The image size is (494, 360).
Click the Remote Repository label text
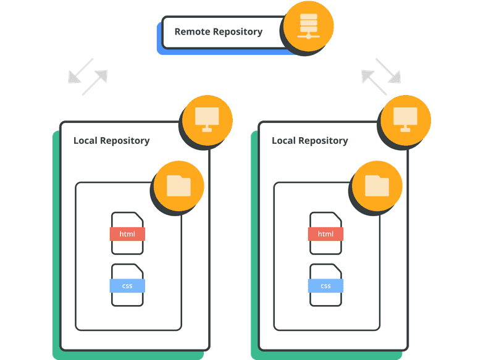click(x=218, y=31)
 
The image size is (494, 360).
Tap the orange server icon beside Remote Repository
click(x=308, y=27)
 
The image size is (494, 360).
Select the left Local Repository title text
click(x=111, y=140)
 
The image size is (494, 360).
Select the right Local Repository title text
click(x=309, y=140)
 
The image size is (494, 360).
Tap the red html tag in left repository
click(x=127, y=234)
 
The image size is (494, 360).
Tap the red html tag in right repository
click(x=325, y=234)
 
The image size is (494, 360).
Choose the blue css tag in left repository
click(x=127, y=285)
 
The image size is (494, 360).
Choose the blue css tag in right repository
click(x=325, y=285)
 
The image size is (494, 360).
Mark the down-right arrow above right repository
click(x=388, y=70)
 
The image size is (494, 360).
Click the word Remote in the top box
click(x=191, y=31)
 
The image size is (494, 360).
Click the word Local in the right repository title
click(x=283, y=140)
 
